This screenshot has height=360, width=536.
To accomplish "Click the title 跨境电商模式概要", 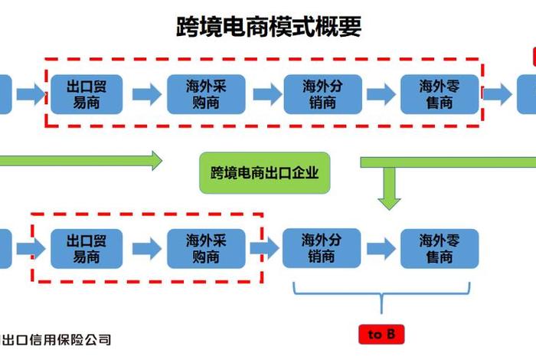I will (x=269, y=28).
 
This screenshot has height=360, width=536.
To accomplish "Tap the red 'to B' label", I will (x=381, y=335).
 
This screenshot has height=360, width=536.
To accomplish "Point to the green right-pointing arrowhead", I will (x=156, y=161).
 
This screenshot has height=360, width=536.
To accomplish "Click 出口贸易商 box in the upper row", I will (x=86, y=94).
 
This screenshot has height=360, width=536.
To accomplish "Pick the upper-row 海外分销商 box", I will (x=322, y=94).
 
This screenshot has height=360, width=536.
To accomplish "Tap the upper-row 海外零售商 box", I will (x=440, y=94).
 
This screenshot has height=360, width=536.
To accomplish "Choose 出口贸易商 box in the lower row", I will (x=86, y=247).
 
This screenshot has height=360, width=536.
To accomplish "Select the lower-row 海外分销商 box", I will (x=322, y=247).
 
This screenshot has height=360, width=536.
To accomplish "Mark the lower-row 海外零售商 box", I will (x=440, y=247).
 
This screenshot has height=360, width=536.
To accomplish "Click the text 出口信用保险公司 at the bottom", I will (x=57, y=339).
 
